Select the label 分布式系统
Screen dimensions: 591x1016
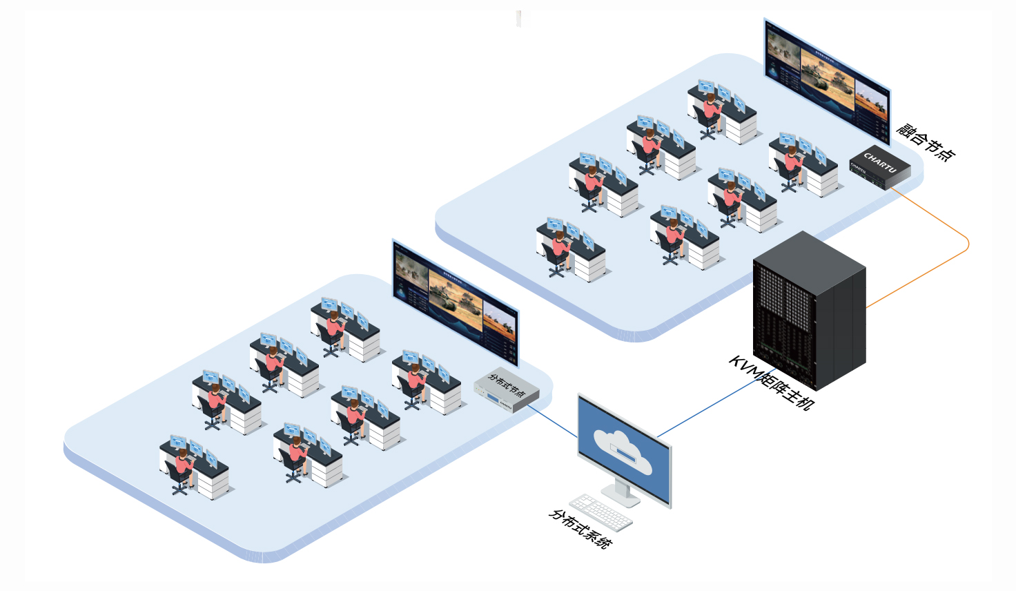point(580,528)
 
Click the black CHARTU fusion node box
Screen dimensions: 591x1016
point(879,168)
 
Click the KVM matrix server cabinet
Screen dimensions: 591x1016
point(809,311)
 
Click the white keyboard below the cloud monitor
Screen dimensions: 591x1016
point(600,512)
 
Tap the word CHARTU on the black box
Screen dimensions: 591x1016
point(880,163)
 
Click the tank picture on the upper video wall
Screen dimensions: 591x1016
point(827,81)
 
